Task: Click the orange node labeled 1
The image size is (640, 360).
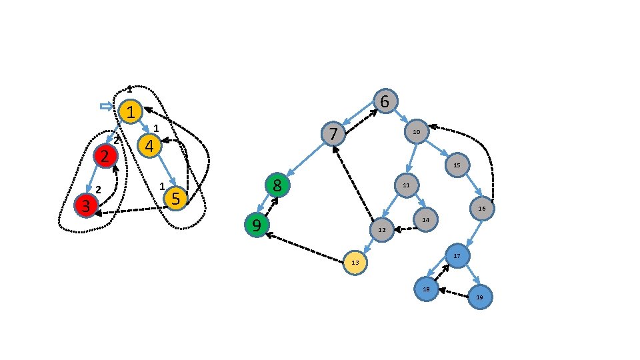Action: tap(132, 111)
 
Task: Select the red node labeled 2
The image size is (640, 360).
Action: tap(105, 156)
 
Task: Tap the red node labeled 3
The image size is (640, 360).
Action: tap(86, 205)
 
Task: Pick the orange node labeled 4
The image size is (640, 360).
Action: tap(149, 145)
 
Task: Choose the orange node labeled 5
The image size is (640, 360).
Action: tap(175, 198)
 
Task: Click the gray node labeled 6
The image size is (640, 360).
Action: tap(385, 101)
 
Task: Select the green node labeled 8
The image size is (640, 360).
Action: tap(277, 185)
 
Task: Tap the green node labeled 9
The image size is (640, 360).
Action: tap(257, 225)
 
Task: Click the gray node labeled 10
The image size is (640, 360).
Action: tap(417, 131)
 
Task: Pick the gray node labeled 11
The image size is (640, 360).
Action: tap(406, 185)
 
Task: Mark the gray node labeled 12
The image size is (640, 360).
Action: tap(382, 230)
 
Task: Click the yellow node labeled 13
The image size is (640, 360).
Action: tap(355, 263)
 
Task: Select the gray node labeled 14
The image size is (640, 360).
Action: tap(425, 219)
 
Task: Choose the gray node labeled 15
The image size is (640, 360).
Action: tap(457, 165)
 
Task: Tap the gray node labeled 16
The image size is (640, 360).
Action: tap(481, 209)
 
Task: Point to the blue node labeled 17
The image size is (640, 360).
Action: tap(457, 256)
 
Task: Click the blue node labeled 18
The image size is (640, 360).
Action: tap(425, 289)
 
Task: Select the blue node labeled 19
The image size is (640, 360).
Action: tap(479, 297)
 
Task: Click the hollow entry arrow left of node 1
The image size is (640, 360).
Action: tap(107, 107)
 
